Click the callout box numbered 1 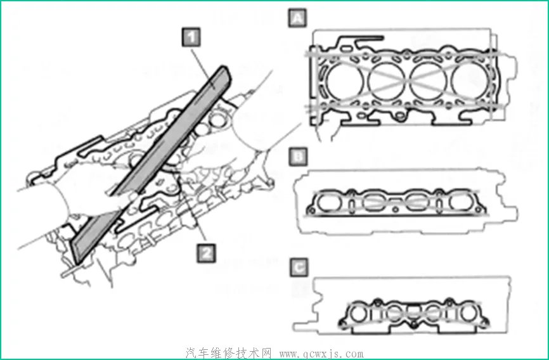(x=191, y=37)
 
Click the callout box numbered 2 (x=206, y=252)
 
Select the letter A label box (x=297, y=18)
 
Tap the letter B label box (x=298, y=157)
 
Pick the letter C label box (x=299, y=267)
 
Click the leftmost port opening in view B (x=329, y=202)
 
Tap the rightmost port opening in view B (x=461, y=202)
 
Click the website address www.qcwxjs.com (x=321, y=354)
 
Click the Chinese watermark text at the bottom (x=229, y=353)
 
